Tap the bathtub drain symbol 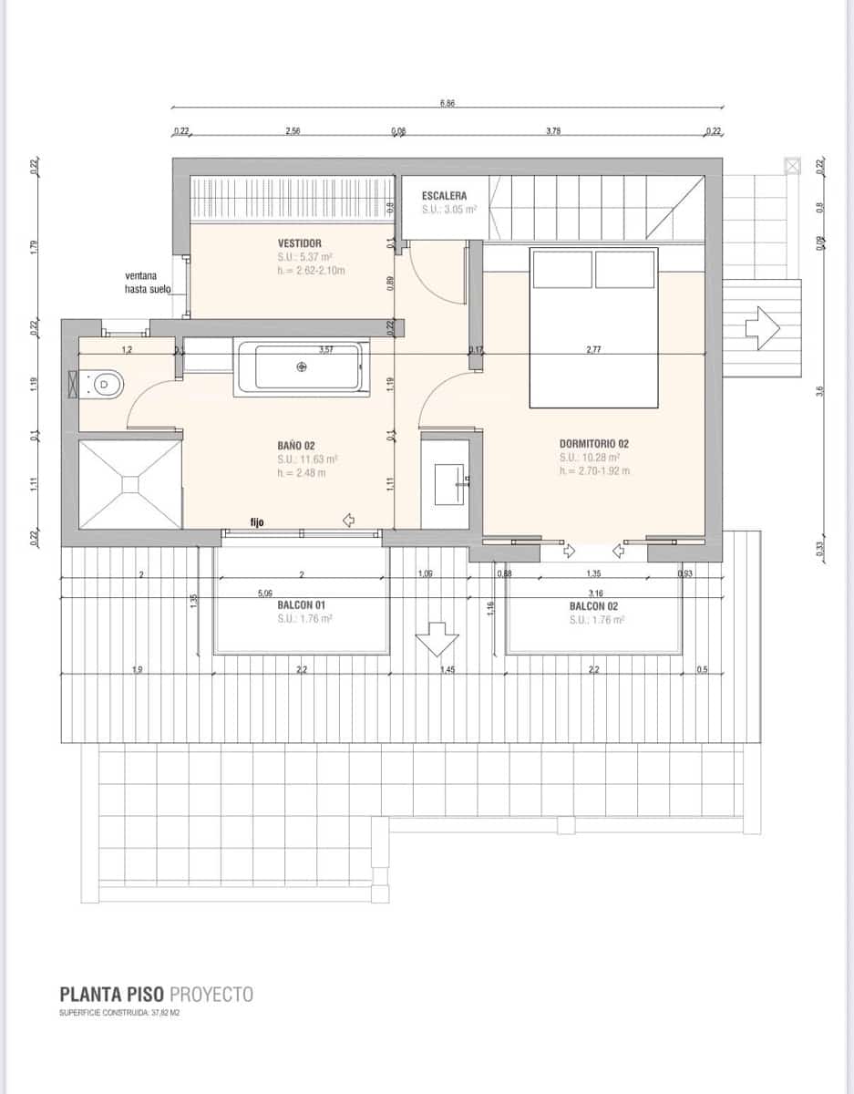coord(303,366)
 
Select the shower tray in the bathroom coord(130,483)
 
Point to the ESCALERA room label coord(445,196)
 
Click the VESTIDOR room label coord(300,243)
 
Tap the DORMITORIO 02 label coord(594,444)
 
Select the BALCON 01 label coord(302,604)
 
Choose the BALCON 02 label coord(594,605)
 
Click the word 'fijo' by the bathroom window coord(257,522)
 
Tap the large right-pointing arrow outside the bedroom coord(762,328)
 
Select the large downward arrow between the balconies coord(436,638)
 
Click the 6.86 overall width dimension coord(448,104)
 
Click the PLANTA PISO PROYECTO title coord(156,994)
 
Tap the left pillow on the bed coord(562,269)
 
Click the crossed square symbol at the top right coord(792,165)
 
